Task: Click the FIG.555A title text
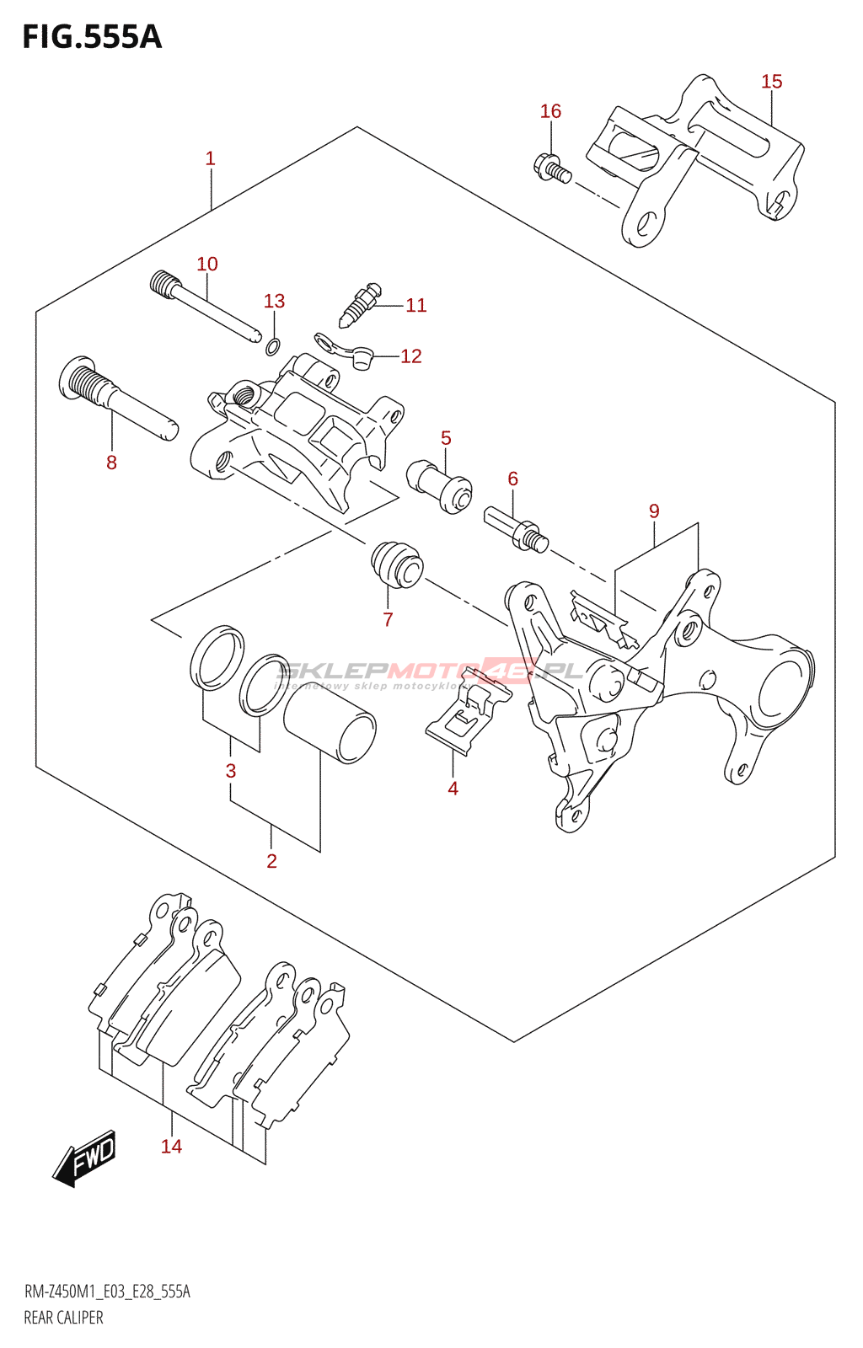(91, 37)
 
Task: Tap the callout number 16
(550, 111)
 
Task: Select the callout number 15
(771, 82)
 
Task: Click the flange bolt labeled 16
(552, 168)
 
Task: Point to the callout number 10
(207, 265)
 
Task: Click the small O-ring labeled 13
(273, 345)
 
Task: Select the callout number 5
(446, 438)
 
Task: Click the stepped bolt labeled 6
(516, 529)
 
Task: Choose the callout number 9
(654, 511)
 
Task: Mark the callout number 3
(231, 771)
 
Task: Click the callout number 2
(271, 861)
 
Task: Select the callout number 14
(171, 1147)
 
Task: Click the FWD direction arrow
(85, 1158)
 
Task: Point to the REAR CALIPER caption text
(63, 1318)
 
